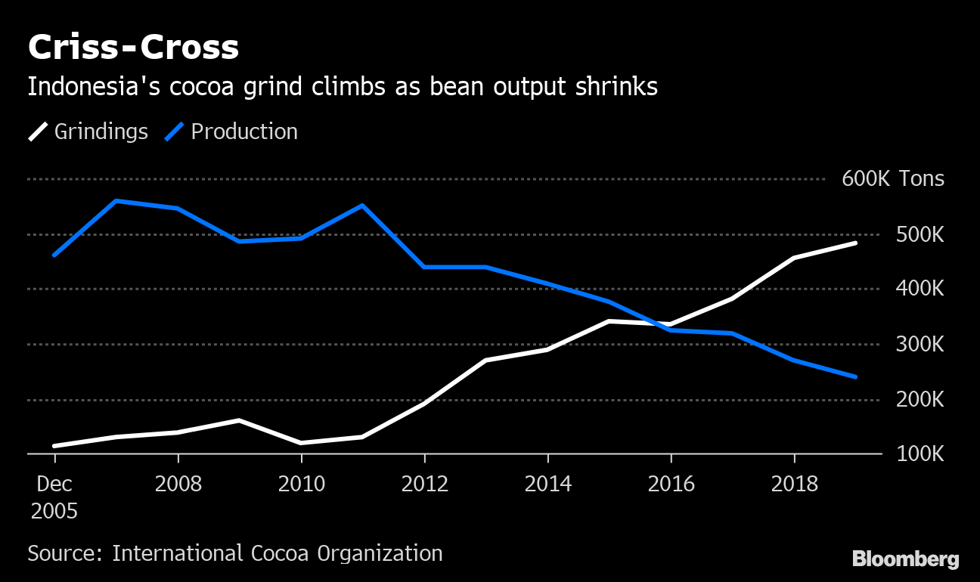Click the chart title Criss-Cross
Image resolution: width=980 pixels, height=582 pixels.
pos(133,48)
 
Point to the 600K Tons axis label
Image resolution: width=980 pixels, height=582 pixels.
pos(893,179)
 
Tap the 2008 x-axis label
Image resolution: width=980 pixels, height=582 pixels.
pos(178,484)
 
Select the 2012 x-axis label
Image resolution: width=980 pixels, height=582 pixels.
pos(424,484)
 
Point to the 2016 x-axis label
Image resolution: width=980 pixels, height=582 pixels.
pos(671,484)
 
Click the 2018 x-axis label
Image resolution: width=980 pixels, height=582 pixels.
pos(794,484)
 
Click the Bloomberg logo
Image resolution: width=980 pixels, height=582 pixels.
pos(905,559)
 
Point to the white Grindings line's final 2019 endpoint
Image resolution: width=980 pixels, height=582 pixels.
pos(855,243)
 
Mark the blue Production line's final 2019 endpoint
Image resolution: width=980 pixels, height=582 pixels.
pos(855,376)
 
